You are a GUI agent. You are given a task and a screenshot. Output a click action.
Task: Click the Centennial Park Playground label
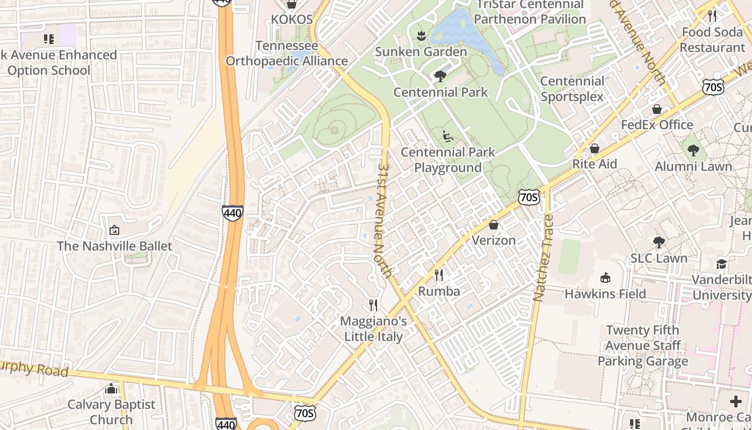[447, 160]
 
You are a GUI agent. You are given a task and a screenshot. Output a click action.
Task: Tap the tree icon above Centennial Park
[440, 76]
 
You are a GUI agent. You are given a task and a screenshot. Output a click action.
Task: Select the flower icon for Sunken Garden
[421, 36]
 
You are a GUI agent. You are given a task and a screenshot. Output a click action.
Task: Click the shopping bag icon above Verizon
[494, 225]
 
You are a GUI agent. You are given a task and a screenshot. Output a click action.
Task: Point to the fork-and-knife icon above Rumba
[439, 275]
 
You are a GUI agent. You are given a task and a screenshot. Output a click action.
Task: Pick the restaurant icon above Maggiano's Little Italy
[373, 305]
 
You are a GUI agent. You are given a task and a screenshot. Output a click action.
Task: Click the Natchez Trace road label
[543, 258]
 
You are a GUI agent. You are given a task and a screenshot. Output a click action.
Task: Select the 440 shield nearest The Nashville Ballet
[232, 213]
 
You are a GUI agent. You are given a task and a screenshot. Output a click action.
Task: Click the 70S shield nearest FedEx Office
[712, 86]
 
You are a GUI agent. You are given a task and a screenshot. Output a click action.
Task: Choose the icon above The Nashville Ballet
[114, 231]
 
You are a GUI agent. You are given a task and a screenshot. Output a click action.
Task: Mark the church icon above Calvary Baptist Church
[111, 389]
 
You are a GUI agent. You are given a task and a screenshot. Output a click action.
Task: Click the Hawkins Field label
[605, 294]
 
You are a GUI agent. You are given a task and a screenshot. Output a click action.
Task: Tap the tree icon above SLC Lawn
[659, 242]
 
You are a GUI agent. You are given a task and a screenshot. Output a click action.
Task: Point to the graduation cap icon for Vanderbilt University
[721, 264]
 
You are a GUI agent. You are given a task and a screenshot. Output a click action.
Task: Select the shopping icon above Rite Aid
[594, 148]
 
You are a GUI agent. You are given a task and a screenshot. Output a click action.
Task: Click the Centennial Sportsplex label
[572, 89]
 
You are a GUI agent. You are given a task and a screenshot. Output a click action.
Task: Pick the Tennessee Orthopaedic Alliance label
[286, 53]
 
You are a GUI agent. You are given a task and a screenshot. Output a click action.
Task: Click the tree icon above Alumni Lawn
[693, 150]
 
